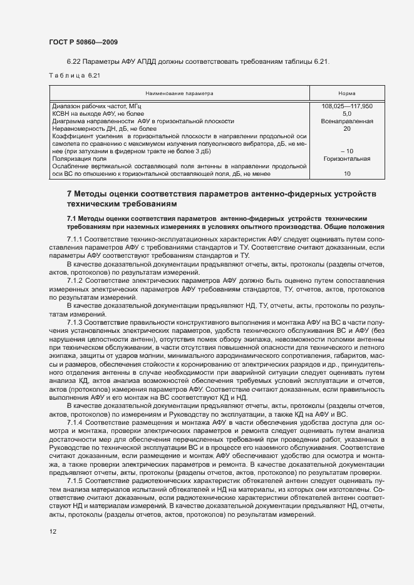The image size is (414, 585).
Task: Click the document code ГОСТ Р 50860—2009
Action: coord(83,41)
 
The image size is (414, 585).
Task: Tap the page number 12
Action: coord(53,532)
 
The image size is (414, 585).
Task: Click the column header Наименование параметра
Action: coord(179,93)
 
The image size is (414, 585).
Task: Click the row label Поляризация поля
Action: coord(78,158)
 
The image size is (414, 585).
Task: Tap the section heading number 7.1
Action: coord(73,217)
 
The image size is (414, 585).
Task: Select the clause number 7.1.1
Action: coord(75,241)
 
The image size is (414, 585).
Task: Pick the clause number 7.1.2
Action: coord(75,280)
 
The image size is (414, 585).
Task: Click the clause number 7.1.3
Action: coord(75,322)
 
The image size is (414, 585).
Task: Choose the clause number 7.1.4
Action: coord(75,424)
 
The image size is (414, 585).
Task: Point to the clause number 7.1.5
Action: coord(75,481)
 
